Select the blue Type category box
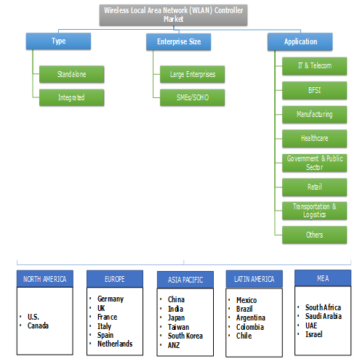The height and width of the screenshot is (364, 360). pos(58,41)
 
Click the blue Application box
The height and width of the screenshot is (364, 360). pos(302,42)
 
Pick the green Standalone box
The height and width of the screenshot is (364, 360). pos(72,73)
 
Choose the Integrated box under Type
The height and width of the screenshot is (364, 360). pos(72,97)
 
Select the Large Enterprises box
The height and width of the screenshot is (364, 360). pos(192,73)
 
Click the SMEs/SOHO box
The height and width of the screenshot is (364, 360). pos(192,97)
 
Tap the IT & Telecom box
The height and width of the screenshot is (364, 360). pos(315,65)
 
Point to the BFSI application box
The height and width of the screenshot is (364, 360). pos(315,90)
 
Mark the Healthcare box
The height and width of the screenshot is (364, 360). pos(315,137)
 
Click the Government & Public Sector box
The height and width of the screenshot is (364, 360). pos(315,161)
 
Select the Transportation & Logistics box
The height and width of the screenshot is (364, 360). pos(315,210)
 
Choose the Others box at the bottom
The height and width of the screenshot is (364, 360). pos(315,234)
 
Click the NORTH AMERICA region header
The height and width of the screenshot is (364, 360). pos(44,279)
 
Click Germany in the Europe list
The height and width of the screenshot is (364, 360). pos(110,299)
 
